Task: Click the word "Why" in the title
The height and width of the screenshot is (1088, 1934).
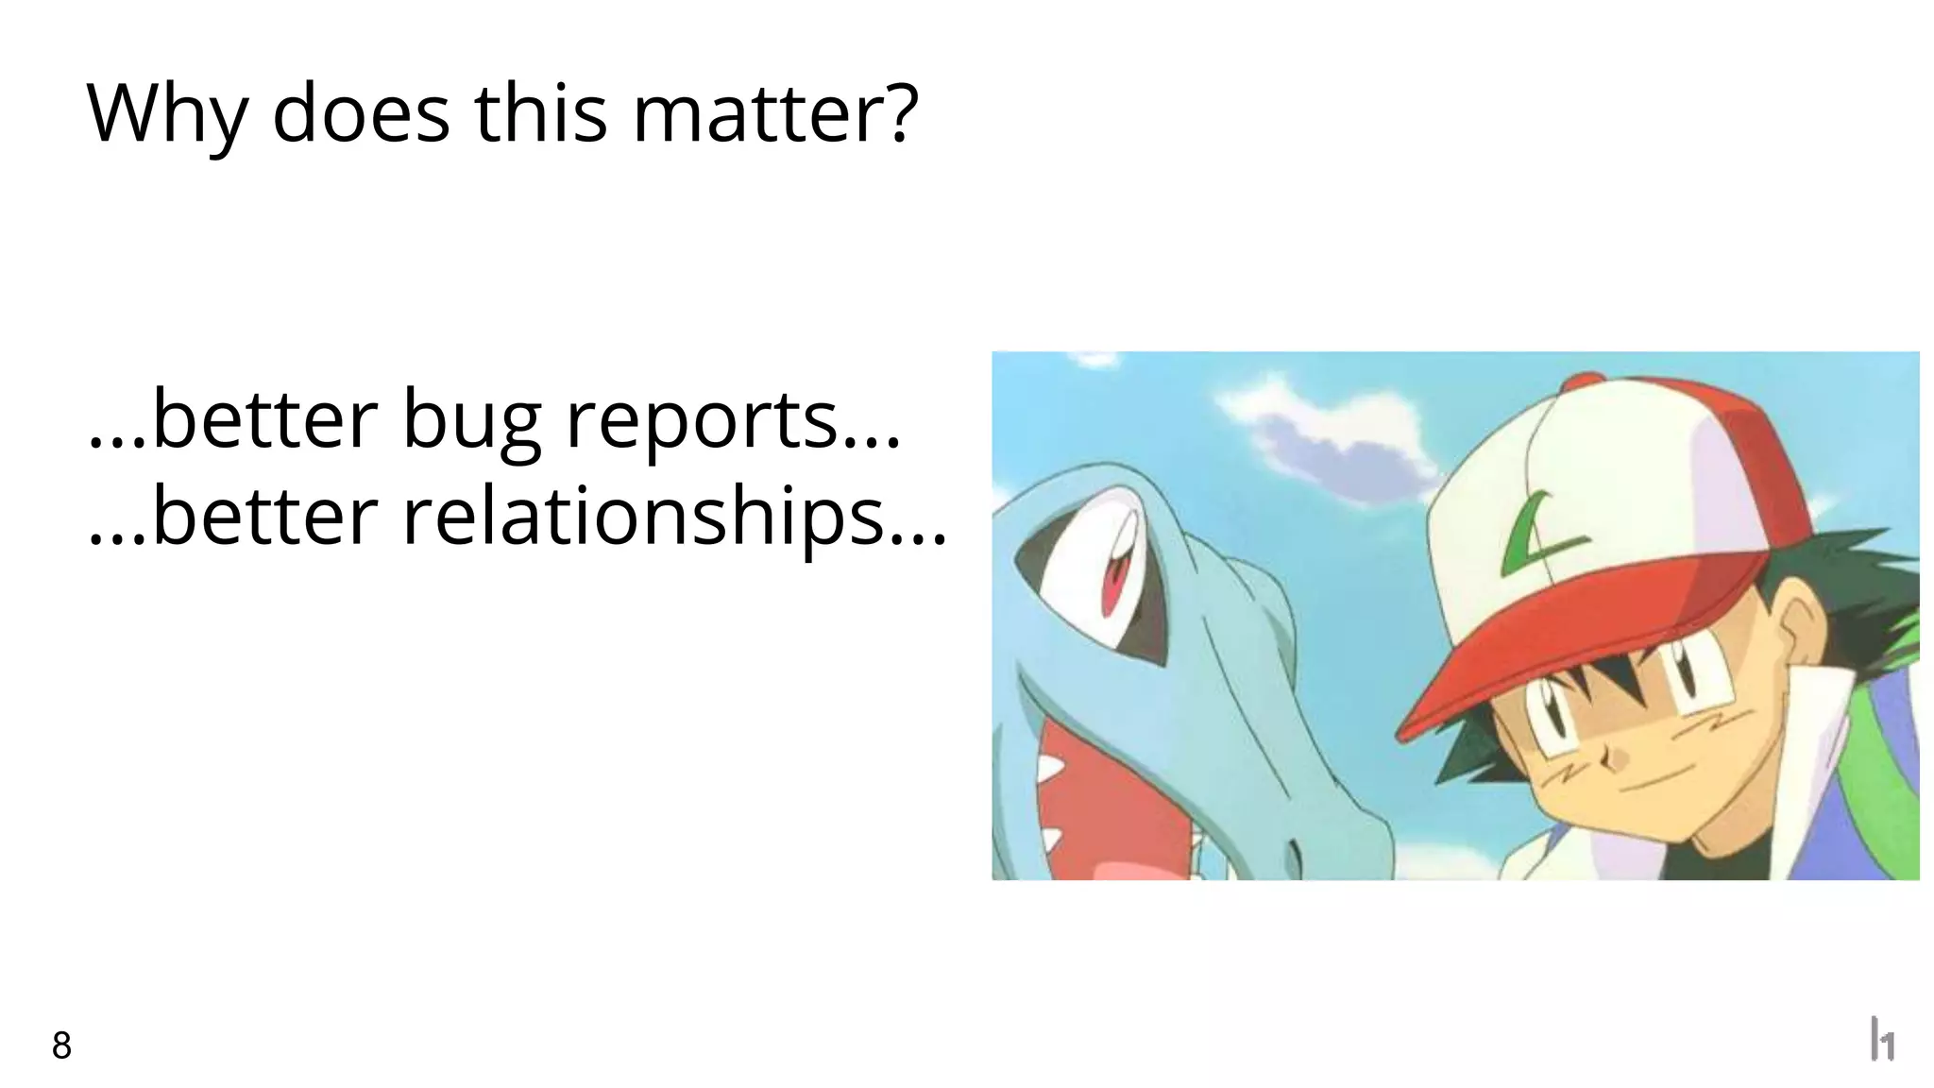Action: point(166,115)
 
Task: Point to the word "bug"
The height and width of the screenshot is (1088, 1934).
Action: point(471,421)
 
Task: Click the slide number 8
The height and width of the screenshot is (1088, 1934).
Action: point(61,1045)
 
